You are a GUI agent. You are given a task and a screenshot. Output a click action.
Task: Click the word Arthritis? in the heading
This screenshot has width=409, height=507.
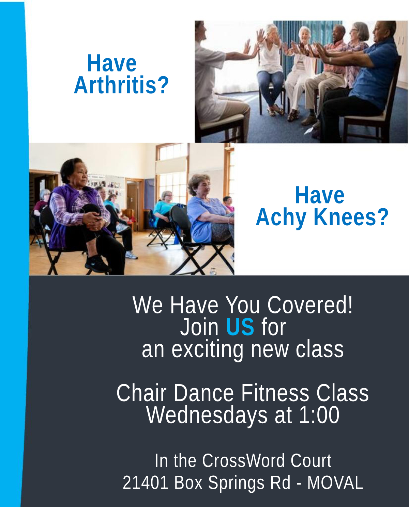(121, 85)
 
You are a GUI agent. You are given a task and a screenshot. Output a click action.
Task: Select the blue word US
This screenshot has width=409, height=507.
(240, 327)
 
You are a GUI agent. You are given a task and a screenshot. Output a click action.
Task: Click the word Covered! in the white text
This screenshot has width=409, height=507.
(310, 305)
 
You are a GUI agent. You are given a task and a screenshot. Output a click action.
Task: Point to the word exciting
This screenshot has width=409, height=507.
(207, 350)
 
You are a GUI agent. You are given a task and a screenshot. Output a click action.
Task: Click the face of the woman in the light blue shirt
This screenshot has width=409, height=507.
(202, 187)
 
